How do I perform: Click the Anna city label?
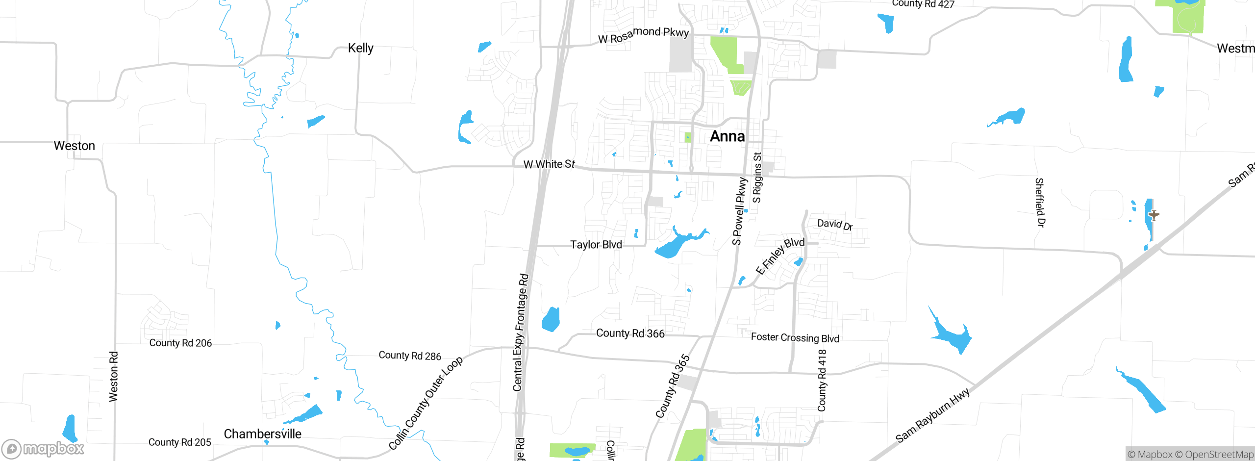[727, 136]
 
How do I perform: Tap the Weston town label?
[75, 146]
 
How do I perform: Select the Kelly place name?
[361, 48]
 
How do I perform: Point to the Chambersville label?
[262, 434]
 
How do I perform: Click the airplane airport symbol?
[1154, 215]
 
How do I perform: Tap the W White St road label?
[549, 164]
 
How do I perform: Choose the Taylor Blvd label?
[596, 244]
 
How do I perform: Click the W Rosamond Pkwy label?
[643, 35]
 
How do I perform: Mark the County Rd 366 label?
[630, 333]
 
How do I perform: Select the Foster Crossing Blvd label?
[795, 337]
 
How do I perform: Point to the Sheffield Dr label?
[1039, 203]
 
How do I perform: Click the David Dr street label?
[835, 225]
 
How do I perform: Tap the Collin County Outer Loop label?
[426, 403]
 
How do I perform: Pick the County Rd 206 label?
[180, 343]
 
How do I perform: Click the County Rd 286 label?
[410, 356]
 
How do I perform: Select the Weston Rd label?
[113, 376]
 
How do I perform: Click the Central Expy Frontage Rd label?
[520, 333]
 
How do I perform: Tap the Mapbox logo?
[43, 449]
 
